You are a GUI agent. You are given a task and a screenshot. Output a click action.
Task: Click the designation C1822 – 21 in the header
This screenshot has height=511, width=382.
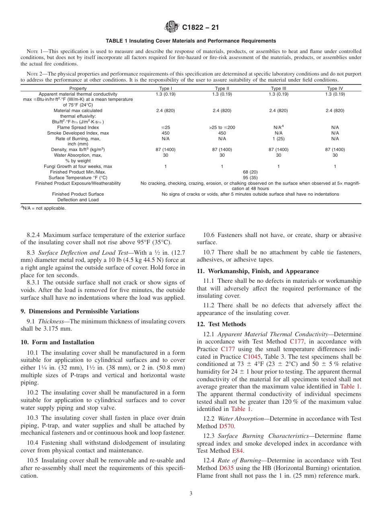(x=200, y=28)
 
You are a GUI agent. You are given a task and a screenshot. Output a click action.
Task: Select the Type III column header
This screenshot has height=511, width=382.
(x=278, y=88)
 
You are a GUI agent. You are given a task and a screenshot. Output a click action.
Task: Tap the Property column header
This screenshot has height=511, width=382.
(x=78, y=88)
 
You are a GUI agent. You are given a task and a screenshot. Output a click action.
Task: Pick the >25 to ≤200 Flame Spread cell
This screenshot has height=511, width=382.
(x=222, y=127)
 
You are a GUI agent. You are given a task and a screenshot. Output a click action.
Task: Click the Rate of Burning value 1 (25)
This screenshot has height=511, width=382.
(x=278, y=139)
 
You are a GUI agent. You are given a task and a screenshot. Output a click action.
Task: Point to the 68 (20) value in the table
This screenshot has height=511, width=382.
(x=250, y=172)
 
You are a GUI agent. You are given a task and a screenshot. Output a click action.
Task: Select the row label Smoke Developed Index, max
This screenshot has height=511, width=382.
(x=78, y=133)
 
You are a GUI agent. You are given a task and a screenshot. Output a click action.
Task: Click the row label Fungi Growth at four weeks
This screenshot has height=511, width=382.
(x=78, y=166)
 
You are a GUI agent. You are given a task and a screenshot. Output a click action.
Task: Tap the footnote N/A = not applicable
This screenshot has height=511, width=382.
(x=43, y=208)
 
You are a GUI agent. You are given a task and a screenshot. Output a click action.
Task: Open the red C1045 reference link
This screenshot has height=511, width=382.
(x=252, y=357)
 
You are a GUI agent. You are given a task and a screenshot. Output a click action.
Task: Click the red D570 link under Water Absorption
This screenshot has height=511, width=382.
(x=227, y=426)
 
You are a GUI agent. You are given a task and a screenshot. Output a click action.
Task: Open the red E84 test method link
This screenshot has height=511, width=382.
(x=237, y=451)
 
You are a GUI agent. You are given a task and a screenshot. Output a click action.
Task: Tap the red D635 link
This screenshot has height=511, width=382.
(x=226, y=468)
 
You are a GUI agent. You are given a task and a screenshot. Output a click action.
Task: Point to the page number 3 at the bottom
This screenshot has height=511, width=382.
(x=191, y=494)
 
